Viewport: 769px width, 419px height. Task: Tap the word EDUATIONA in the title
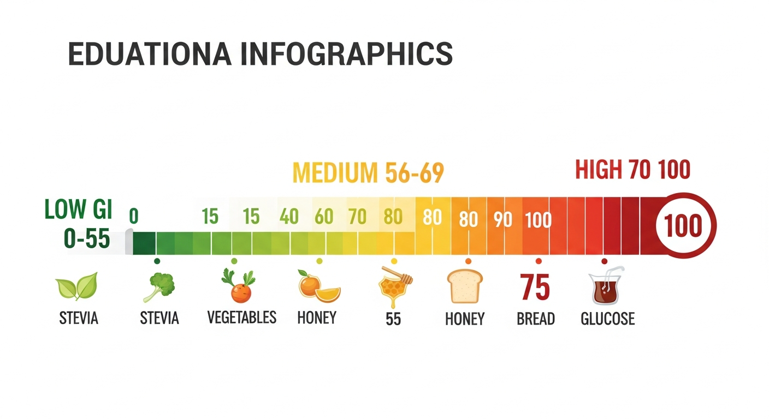click(x=151, y=55)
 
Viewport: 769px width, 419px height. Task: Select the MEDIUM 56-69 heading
click(x=368, y=173)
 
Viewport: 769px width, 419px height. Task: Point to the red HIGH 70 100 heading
click(x=632, y=170)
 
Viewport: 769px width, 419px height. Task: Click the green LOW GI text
click(x=78, y=210)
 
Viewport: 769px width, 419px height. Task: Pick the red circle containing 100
click(x=683, y=226)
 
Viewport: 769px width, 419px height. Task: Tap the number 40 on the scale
click(x=289, y=217)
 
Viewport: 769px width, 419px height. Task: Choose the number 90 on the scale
click(x=502, y=219)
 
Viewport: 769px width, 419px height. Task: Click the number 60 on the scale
click(x=324, y=217)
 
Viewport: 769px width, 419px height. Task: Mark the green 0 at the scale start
click(x=134, y=216)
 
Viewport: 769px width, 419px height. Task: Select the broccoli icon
click(x=159, y=286)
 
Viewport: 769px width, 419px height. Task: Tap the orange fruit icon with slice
click(x=319, y=286)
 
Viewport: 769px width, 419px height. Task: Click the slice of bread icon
click(x=465, y=286)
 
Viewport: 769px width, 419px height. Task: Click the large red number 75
click(x=535, y=287)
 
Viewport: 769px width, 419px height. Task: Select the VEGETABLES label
click(x=242, y=317)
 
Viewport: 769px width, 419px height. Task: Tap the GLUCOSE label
click(x=607, y=319)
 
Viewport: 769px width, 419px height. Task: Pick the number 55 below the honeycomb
click(x=393, y=319)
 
